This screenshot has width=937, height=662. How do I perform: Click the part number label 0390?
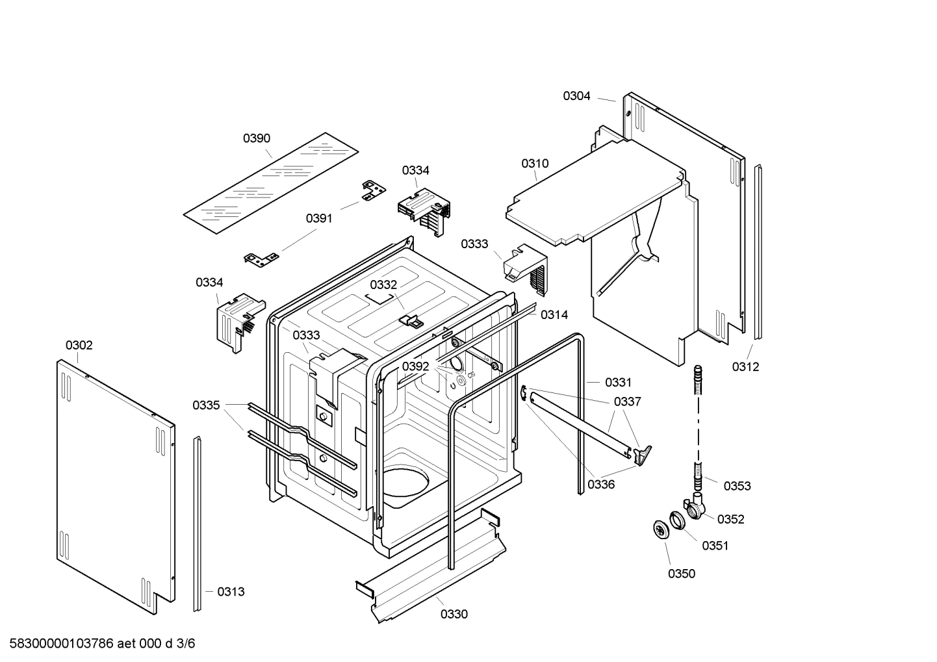pyautogui.click(x=257, y=138)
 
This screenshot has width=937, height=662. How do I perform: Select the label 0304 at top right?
pyautogui.click(x=576, y=96)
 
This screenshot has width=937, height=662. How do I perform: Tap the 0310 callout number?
pyautogui.click(x=535, y=164)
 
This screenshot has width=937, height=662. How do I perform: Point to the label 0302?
pyautogui.click(x=79, y=345)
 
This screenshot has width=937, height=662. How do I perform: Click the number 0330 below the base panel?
pyautogui.click(x=454, y=614)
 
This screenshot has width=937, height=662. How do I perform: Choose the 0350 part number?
pyautogui.click(x=681, y=574)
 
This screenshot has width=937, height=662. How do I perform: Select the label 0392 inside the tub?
pyautogui.click(x=415, y=366)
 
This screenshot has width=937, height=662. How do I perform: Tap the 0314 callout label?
pyautogui.click(x=554, y=315)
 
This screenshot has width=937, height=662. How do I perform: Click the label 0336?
pyautogui.click(x=601, y=484)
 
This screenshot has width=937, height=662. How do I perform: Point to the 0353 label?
pyautogui.click(x=737, y=486)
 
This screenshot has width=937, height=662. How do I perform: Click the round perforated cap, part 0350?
pyautogui.click(x=661, y=529)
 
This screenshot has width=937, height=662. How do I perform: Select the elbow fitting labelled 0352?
pyautogui.click(x=695, y=507)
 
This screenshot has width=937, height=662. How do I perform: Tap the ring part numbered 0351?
pyautogui.click(x=677, y=520)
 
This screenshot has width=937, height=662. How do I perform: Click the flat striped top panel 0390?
pyautogui.click(x=270, y=184)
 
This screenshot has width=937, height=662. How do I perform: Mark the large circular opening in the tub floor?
pyautogui.click(x=406, y=485)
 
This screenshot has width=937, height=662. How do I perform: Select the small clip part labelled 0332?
pyautogui.click(x=408, y=320)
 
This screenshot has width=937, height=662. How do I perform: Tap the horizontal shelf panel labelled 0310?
pyautogui.click(x=595, y=195)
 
